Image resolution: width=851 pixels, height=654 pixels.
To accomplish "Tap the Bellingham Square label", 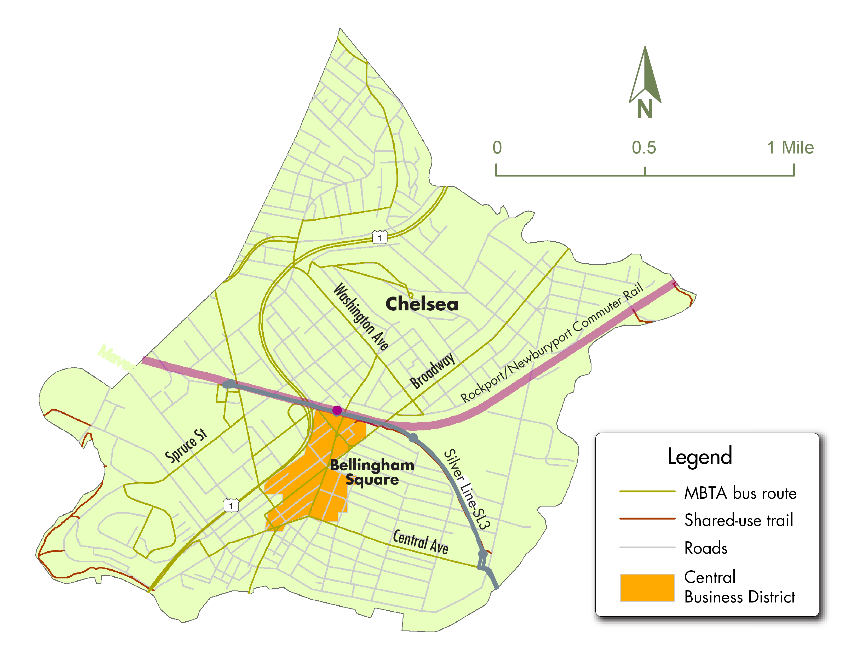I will pos(372,472).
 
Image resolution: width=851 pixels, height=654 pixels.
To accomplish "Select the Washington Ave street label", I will pos(361,316).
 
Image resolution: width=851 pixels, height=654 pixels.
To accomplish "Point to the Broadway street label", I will pos(432,370).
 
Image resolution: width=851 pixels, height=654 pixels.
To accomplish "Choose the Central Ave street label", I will pos(420,541).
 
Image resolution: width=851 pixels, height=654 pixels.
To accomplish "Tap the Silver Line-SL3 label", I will pos(467,489).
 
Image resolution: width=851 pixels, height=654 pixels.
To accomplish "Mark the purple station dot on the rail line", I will pos(337,410).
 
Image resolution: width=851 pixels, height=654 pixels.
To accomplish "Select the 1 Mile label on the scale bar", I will pos(790,148).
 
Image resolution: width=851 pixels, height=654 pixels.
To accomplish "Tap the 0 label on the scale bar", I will pos(497,148).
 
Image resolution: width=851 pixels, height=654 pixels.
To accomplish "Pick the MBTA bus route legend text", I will pos(740,493).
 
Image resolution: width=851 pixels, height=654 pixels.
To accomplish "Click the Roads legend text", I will pos(705,548).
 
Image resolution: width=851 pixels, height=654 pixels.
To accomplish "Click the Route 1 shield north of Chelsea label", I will pos(380,237).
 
